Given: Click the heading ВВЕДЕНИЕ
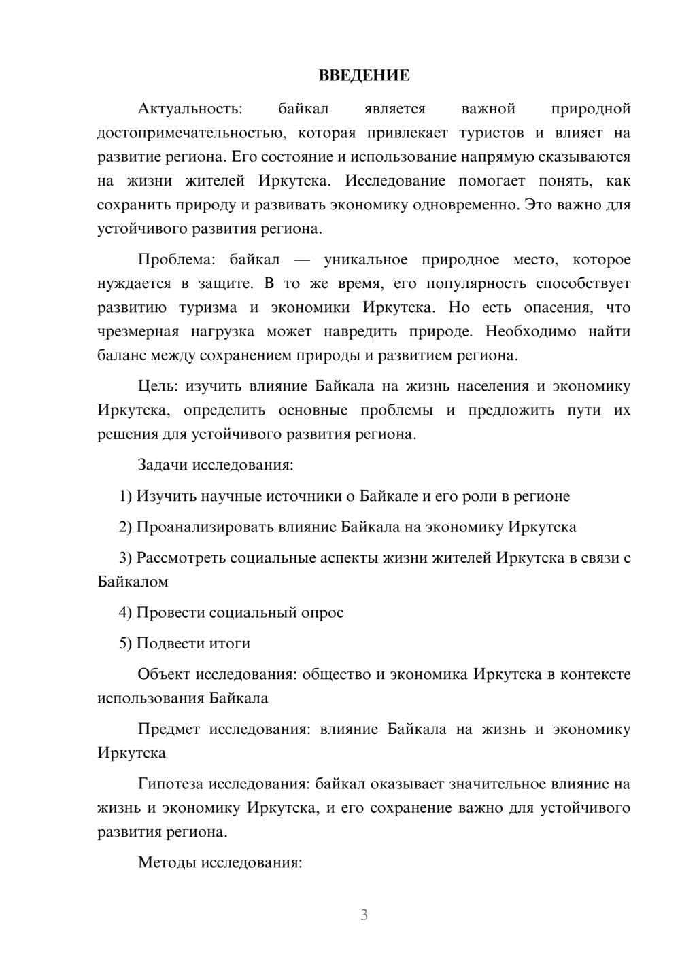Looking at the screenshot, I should pos(364,75).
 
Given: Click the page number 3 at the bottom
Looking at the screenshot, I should pos(364,915).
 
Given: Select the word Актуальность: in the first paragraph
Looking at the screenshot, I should pos(190,109).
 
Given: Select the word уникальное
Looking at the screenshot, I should pos(365,260).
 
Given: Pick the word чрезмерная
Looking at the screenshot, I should pos(138,332).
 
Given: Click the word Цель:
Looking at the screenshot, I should pos(158,387).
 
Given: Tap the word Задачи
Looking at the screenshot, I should pos(163,466).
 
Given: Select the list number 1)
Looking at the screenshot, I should pos(125,496).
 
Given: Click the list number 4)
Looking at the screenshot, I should pos(125,612).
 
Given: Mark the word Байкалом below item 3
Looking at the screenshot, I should pos(133,582).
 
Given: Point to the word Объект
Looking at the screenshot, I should pos(164,674).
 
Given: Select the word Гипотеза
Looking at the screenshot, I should pos(170,784).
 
